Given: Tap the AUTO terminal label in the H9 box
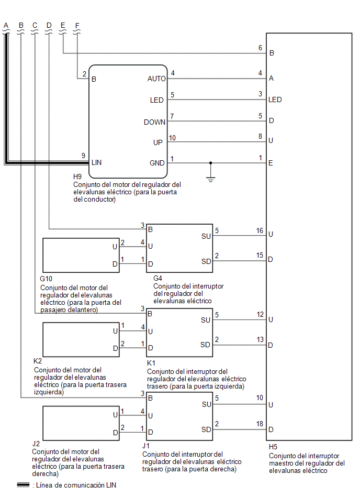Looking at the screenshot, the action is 156,79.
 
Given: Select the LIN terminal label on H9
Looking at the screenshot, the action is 97,162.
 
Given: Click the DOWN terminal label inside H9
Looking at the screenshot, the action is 154,122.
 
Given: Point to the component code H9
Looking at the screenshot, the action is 77,176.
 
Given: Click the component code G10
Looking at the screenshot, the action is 46,279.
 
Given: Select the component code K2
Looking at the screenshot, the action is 38,361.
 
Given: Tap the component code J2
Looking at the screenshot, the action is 36,444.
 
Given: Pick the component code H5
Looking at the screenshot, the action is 273,447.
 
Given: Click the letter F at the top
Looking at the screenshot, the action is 77,25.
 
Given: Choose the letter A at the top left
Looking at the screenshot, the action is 6,25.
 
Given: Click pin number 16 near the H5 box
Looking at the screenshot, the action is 260,230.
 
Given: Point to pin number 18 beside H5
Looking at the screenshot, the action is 260,424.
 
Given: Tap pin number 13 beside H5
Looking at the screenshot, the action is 260,339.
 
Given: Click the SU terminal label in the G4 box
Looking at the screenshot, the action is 206,236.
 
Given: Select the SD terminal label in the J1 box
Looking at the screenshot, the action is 206,429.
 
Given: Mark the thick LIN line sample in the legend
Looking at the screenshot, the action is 23,485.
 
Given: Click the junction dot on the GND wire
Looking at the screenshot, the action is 210,163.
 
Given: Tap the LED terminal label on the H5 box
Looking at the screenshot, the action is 275,100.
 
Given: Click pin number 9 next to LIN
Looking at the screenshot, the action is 83,156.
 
